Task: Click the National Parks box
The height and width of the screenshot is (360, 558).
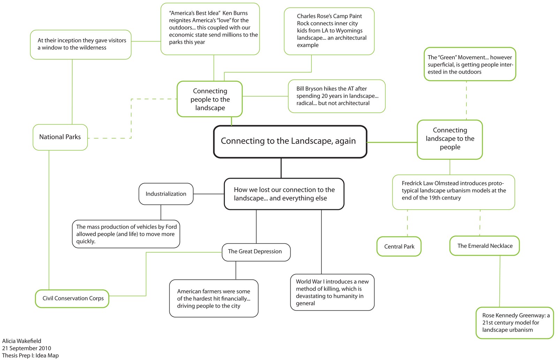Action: pyautogui.click(x=60, y=137)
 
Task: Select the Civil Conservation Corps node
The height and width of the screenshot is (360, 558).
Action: pyautogui.click(x=72, y=299)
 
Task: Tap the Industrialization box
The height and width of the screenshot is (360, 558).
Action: pyautogui.click(x=166, y=194)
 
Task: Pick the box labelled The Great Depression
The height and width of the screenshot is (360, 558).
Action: pyautogui.click(x=256, y=252)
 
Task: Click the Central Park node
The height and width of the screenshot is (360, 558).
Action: pyautogui.click(x=399, y=247)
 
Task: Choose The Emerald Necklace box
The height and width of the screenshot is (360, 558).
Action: pyautogui.click(x=484, y=246)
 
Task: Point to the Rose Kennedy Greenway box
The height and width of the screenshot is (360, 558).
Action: pyautogui.click(x=515, y=323)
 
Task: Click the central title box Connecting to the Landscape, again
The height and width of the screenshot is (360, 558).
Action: pyautogui.click(x=290, y=142)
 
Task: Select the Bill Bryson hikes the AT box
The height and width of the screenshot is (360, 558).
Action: pyautogui.click(x=337, y=96)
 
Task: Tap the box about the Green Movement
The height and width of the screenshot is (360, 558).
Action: pyautogui.click(x=470, y=65)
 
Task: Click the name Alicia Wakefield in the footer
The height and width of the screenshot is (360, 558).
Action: pyautogui.click(x=22, y=341)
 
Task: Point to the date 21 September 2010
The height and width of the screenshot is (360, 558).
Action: pyautogui.click(x=27, y=348)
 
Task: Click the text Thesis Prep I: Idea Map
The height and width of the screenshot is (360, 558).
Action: pyautogui.click(x=30, y=355)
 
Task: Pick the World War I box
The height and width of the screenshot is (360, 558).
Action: pyautogui.click(x=332, y=292)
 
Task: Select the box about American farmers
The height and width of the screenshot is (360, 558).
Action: pyautogui.click(x=213, y=299)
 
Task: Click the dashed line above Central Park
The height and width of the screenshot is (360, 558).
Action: pyautogui.click(x=407, y=223)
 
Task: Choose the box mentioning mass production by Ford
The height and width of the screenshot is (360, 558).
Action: pyautogui.click(x=126, y=234)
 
